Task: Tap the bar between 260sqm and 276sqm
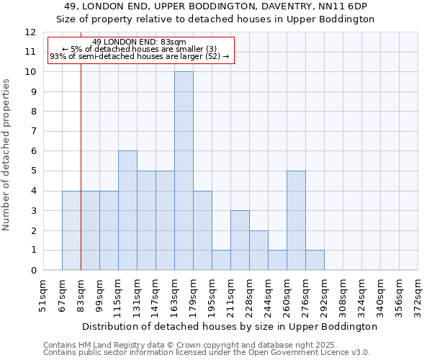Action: pos(296,220)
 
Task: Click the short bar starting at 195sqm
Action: pos(221,260)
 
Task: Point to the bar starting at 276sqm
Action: pos(315,260)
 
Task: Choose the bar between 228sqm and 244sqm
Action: pos(258,250)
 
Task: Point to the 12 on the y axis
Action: pos(30,32)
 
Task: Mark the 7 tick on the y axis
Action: pos(33,132)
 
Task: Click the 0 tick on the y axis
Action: pos(33,271)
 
